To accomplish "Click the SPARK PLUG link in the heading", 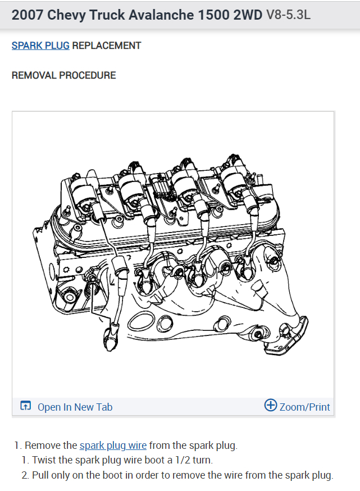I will click(x=40, y=46).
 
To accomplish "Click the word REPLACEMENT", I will click(x=107, y=46).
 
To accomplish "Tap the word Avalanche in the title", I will click(x=160, y=15).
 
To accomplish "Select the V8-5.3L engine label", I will click(x=288, y=15).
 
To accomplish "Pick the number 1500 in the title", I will click(x=213, y=15).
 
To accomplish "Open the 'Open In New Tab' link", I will click(x=75, y=407).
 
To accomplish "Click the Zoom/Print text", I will click(x=304, y=407).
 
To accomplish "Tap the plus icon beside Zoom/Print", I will click(x=271, y=406).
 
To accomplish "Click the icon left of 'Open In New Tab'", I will click(x=25, y=406).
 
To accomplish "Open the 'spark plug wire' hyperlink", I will click(x=113, y=445).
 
